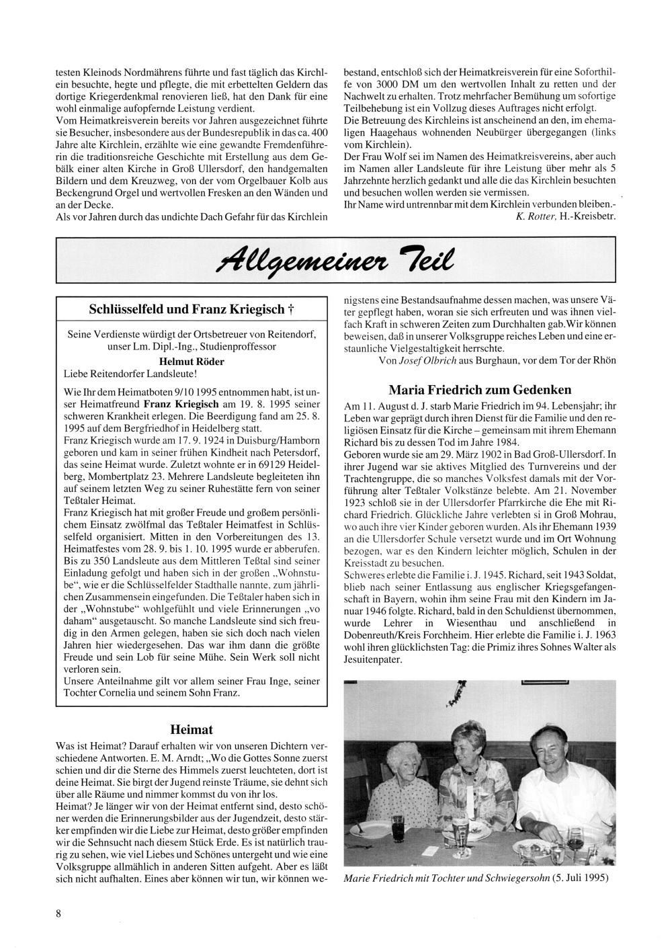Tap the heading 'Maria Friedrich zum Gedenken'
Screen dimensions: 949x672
tap(480, 390)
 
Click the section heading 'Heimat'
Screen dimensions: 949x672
tap(192, 729)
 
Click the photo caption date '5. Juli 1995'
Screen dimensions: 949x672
tap(577, 878)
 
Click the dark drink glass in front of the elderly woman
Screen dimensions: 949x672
tap(398, 826)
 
